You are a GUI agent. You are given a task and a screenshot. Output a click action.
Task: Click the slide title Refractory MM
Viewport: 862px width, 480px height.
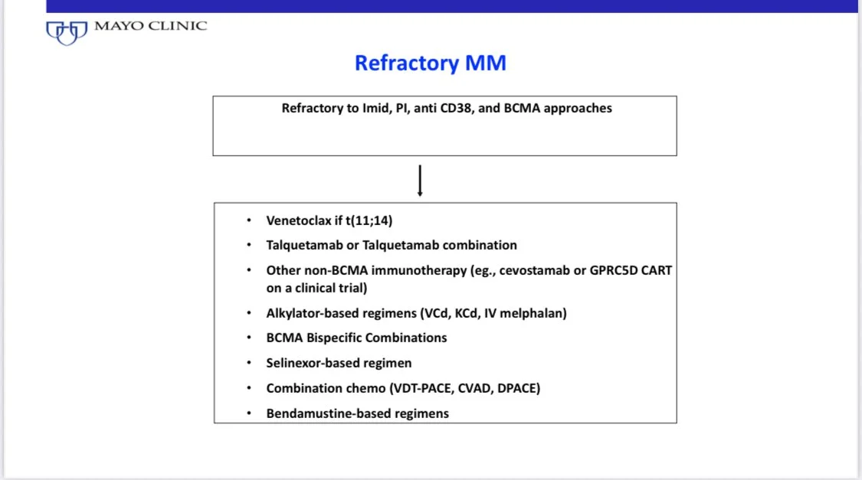(x=430, y=63)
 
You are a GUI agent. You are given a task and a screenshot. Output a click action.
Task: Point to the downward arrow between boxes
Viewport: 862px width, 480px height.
(x=420, y=180)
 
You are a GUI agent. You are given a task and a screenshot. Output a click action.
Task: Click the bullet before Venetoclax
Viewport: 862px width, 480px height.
(x=248, y=220)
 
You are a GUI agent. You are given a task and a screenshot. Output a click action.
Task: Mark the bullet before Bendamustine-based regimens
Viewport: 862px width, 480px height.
(x=248, y=413)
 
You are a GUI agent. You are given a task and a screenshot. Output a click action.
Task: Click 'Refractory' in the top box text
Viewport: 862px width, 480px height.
(x=313, y=108)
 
